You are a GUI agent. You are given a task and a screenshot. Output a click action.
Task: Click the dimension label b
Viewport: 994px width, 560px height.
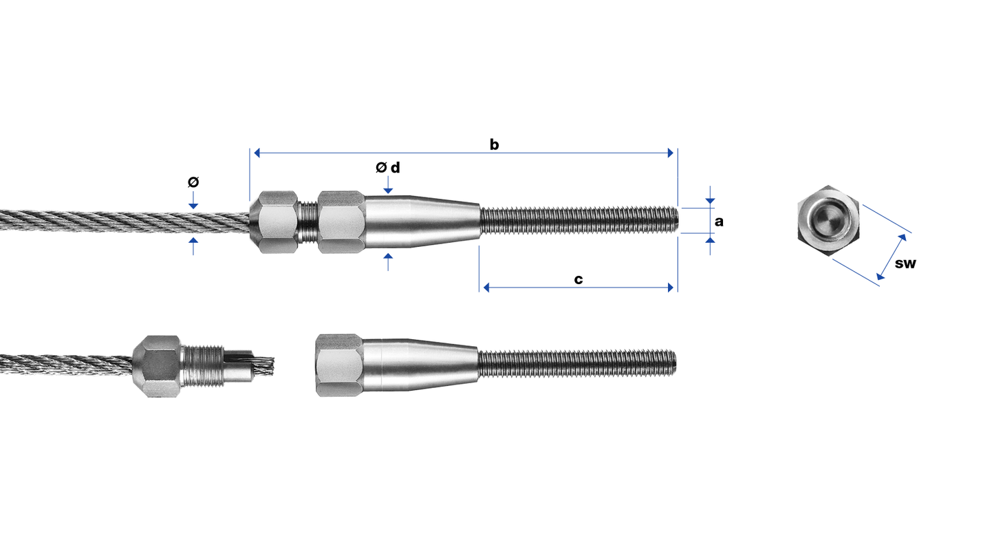click(494, 144)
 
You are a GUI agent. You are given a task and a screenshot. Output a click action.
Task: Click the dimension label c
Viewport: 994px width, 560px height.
click(579, 279)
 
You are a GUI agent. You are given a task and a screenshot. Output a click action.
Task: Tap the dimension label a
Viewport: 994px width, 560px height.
click(719, 222)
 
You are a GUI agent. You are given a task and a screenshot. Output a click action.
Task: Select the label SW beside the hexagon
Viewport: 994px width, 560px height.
click(905, 263)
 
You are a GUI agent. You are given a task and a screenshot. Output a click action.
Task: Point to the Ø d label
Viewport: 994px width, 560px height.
click(387, 167)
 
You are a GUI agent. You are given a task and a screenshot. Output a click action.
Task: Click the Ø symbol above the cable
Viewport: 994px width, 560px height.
click(193, 182)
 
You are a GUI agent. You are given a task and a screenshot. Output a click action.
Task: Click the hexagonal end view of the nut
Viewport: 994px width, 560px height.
click(828, 221)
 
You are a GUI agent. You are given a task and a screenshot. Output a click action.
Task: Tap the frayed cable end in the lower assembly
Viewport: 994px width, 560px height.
click(263, 363)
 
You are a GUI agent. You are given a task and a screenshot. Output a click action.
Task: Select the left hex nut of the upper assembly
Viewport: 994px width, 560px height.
click(274, 222)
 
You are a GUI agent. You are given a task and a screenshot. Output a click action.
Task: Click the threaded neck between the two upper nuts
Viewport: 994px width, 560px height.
click(308, 222)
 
